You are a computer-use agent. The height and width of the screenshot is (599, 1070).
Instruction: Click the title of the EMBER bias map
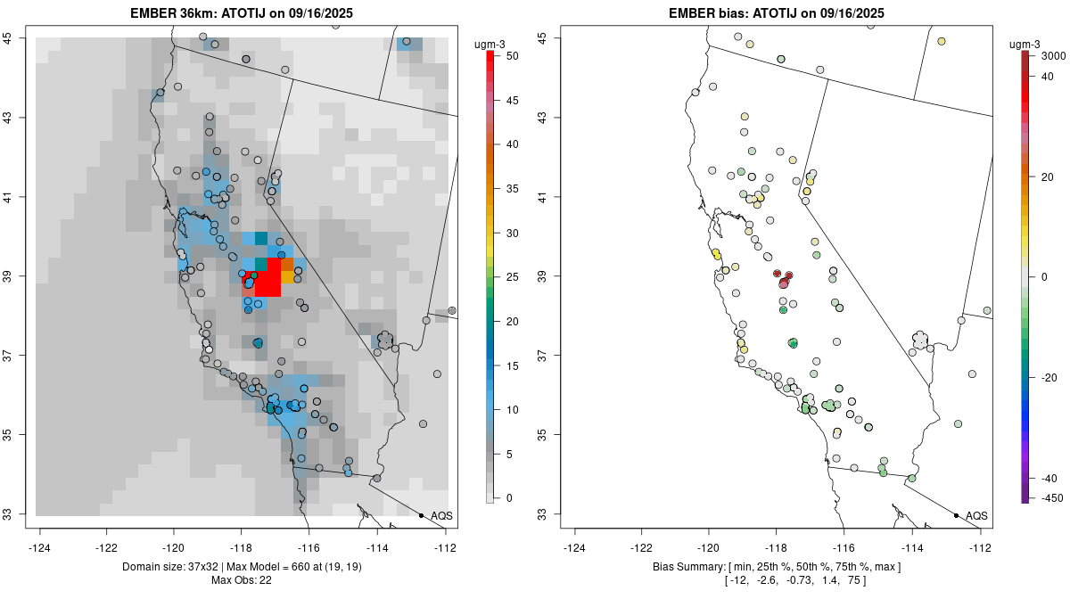(777, 13)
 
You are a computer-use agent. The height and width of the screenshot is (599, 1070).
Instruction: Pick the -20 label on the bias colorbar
(1049, 377)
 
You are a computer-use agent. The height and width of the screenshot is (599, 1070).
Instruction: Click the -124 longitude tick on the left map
(40, 547)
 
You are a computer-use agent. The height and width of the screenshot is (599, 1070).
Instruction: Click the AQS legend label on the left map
(441, 515)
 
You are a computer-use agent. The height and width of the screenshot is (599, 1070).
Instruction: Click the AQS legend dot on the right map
(955, 515)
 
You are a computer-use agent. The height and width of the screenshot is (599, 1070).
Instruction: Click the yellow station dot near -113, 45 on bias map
(941, 41)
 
